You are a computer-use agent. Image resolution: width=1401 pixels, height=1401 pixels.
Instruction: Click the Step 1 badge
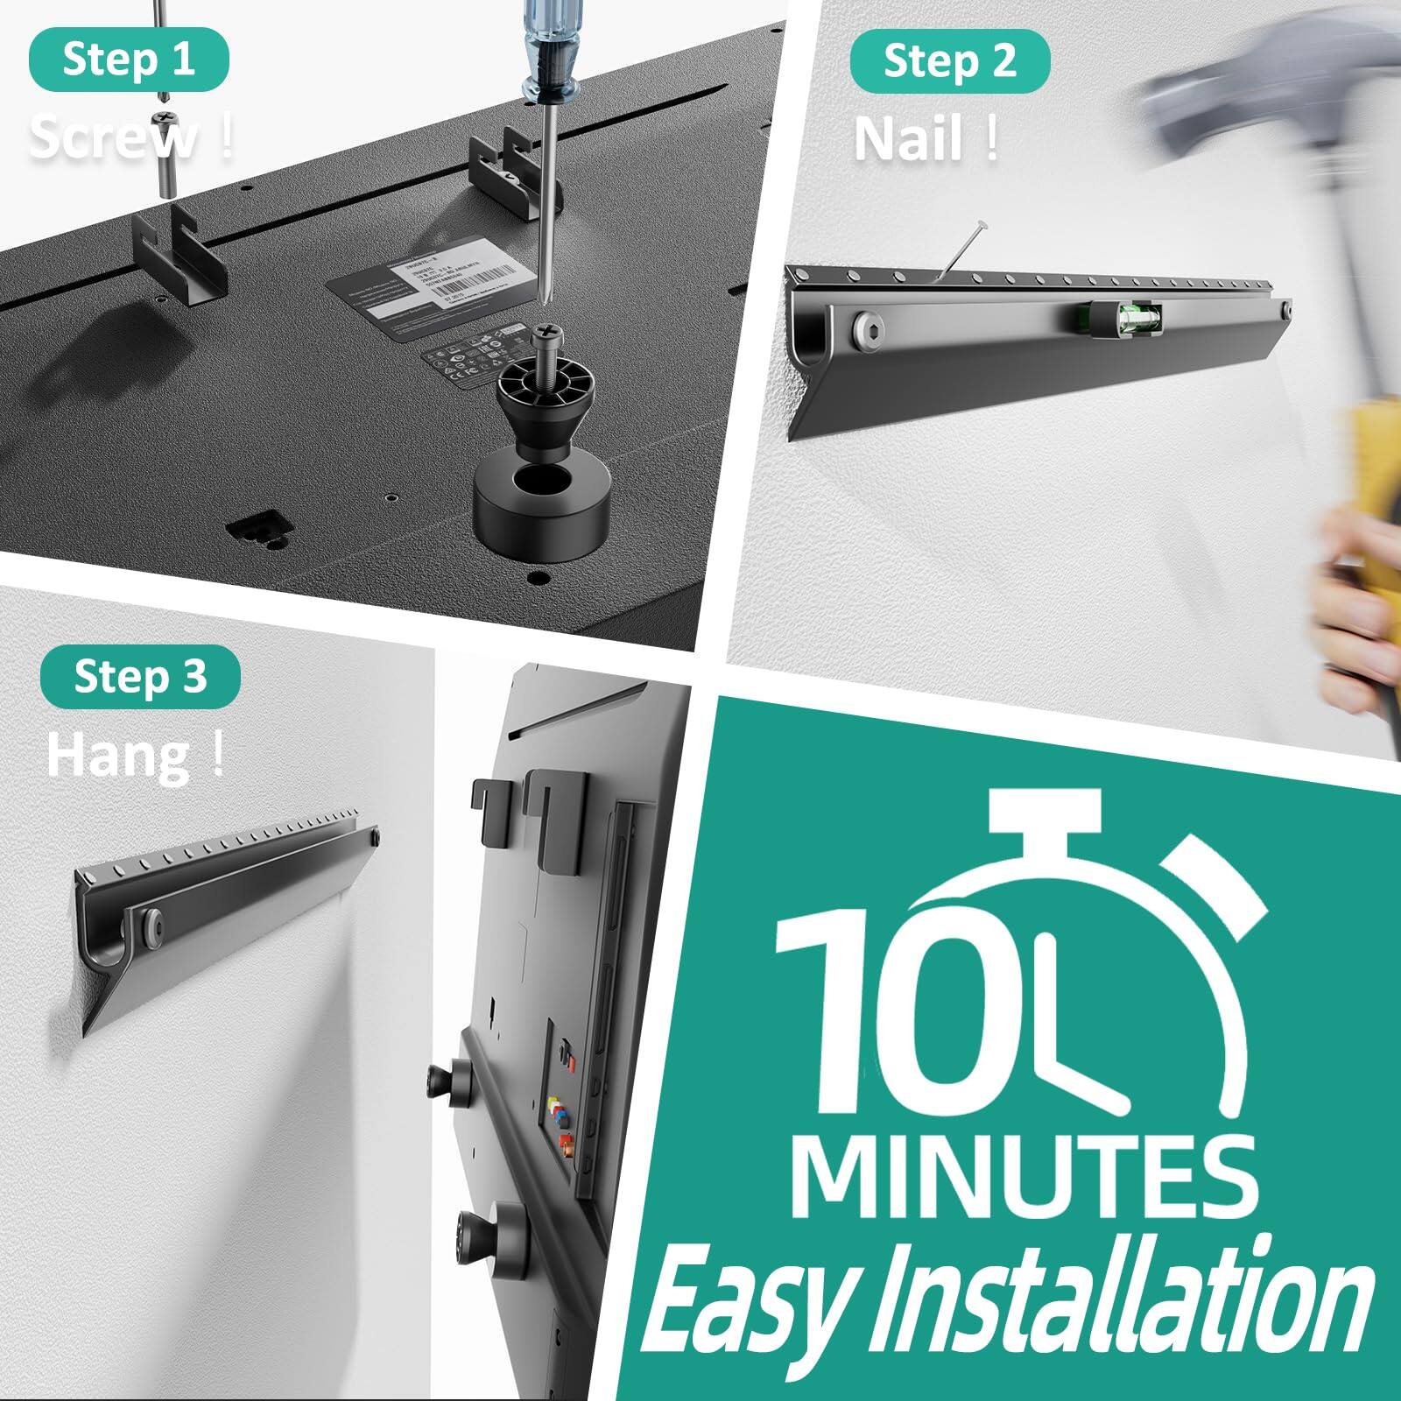click(x=129, y=60)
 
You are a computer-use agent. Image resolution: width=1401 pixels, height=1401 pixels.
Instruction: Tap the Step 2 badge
click(x=950, y=61)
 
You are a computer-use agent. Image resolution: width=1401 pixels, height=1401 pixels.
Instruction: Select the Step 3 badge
click(x=140, y=677)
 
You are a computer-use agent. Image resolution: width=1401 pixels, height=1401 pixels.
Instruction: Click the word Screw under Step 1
click(x=114, y=137)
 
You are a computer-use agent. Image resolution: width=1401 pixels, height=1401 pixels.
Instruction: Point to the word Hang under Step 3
click(x=118, y=756)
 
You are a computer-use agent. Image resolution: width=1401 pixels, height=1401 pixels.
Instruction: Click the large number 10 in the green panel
click(x=911, y=1011)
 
